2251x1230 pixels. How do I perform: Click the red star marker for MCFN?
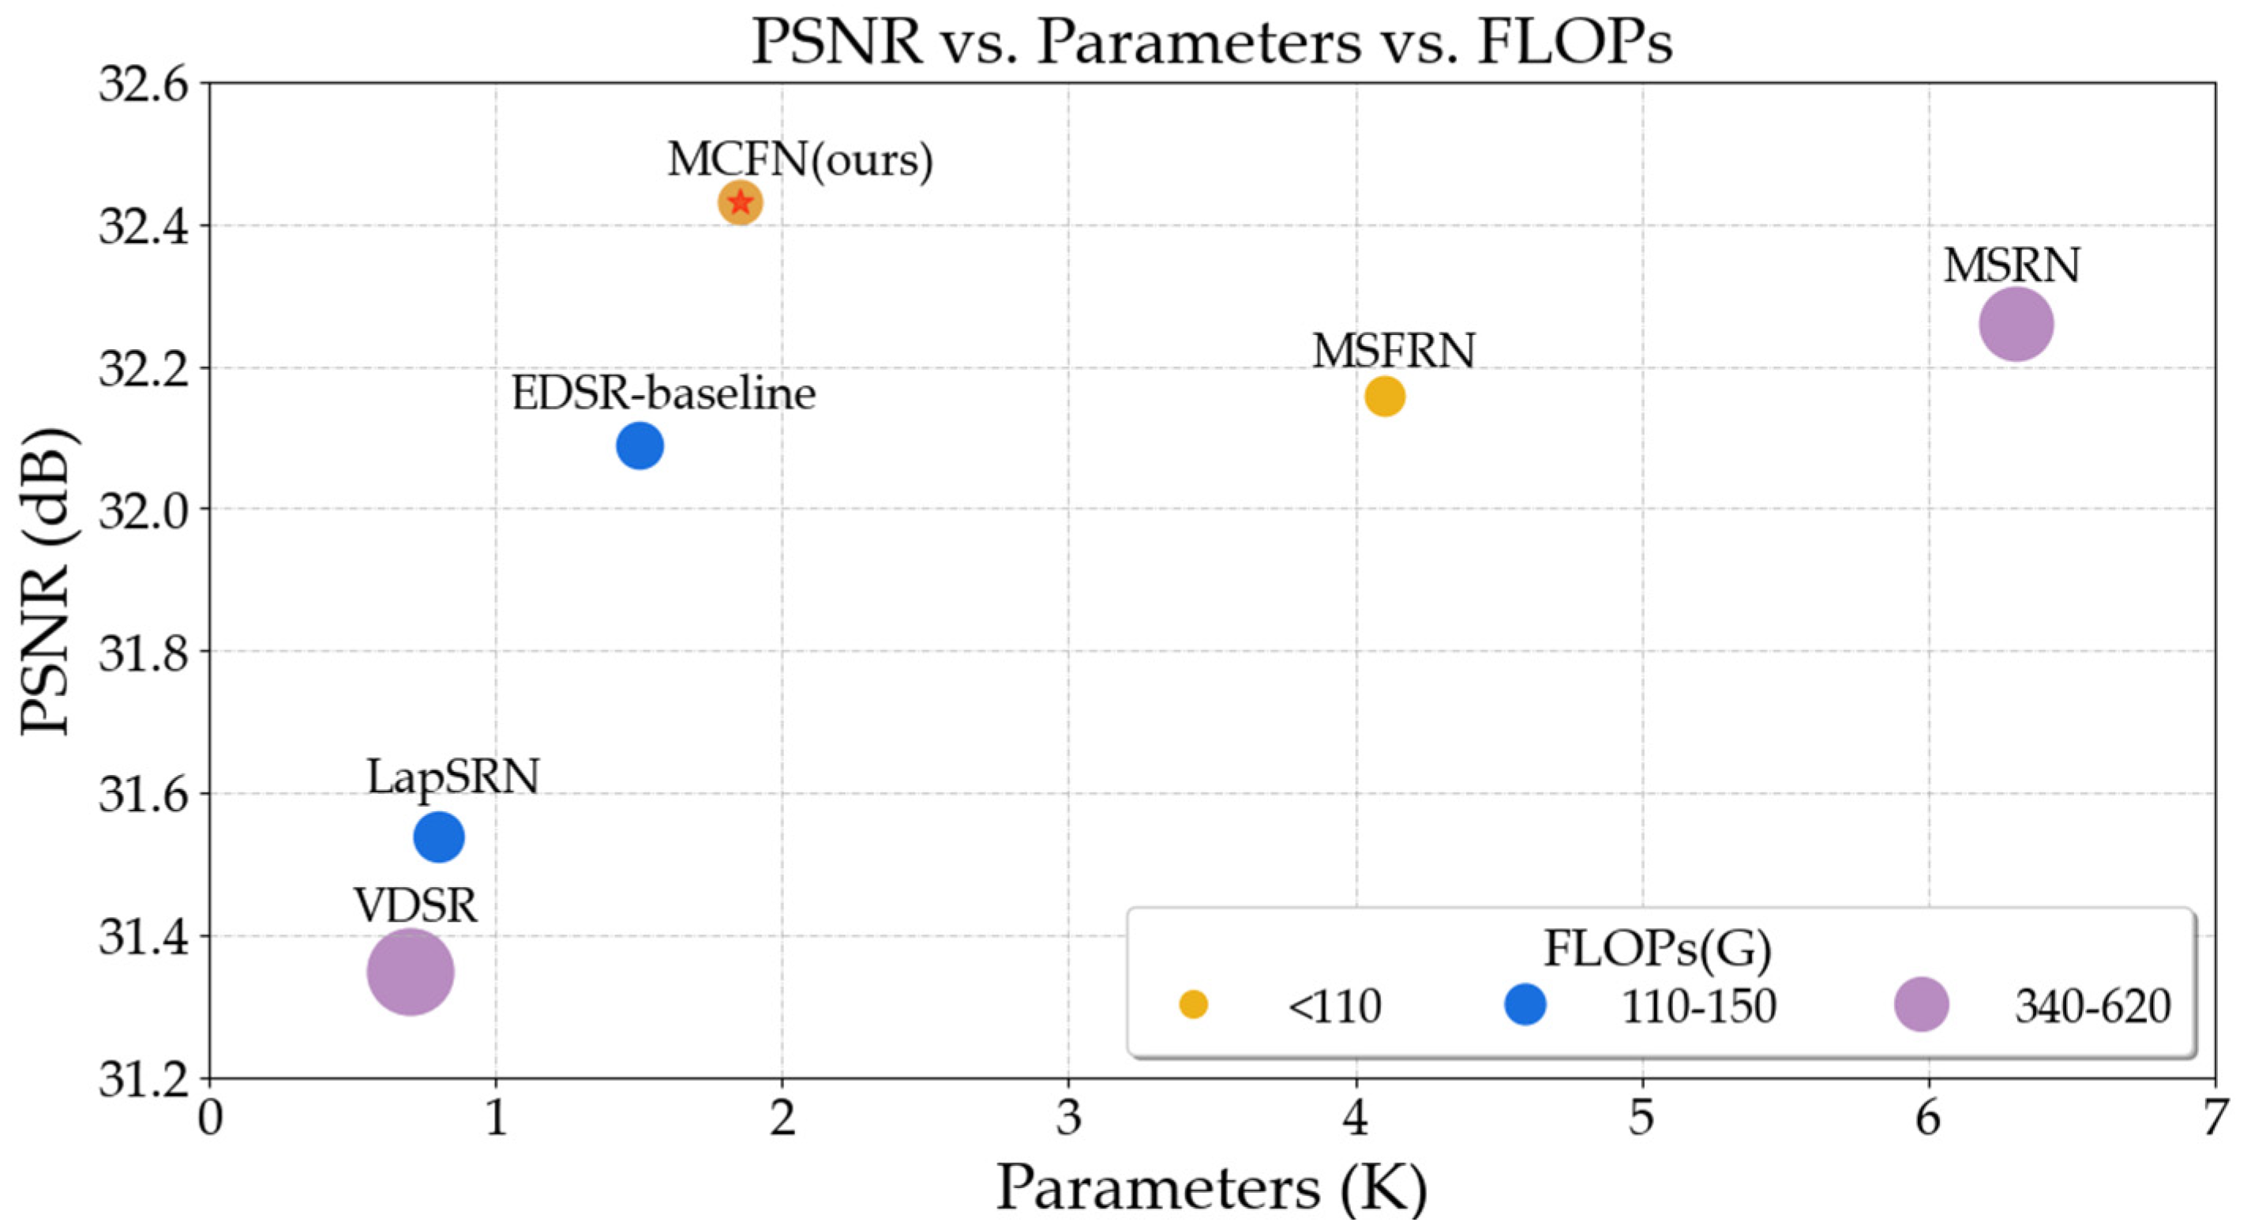point(740,203)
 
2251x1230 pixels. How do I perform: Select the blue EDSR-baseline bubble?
point(640,446)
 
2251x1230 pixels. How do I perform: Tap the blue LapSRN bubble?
point(439,837)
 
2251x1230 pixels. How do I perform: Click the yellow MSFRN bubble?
point(1384,397)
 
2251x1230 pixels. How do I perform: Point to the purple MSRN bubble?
point(2015,325)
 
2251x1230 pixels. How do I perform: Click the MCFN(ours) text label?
point(800,160)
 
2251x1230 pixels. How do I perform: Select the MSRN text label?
point(2011,265)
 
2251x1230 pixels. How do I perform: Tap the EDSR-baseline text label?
point(663,393)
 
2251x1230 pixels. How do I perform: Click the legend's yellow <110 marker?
point(1193,1004)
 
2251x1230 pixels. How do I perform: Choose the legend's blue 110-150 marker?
point(1525,1004)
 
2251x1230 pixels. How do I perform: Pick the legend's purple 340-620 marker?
point(1921,1004)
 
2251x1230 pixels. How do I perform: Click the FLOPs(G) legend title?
point(1656,948)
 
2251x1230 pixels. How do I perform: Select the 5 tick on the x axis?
point(1642,1118)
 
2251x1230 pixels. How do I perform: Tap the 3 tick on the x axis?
point(1069,1118)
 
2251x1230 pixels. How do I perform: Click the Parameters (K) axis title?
point(1211,1188)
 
